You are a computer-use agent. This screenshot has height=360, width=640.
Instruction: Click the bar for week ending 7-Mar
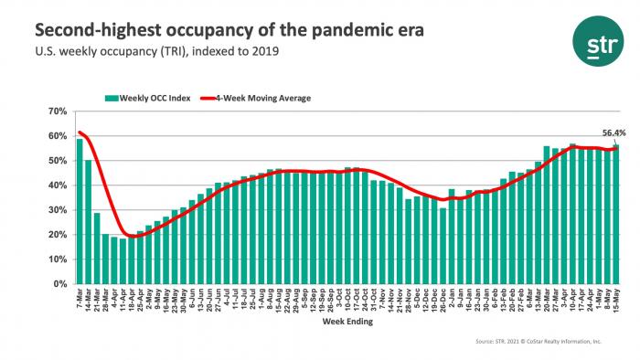pos(80,211)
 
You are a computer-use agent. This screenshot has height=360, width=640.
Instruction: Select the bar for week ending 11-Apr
pos(123,261)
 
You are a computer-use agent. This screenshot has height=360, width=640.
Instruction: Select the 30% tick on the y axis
pos(58,210)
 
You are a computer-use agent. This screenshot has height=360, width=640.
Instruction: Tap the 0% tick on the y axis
pos(60,284)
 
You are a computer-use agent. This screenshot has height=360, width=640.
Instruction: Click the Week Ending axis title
pos(347,322)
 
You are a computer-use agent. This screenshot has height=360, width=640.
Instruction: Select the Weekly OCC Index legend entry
pos(147,97)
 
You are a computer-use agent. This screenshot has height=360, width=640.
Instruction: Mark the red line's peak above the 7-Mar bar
pos(80,132)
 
